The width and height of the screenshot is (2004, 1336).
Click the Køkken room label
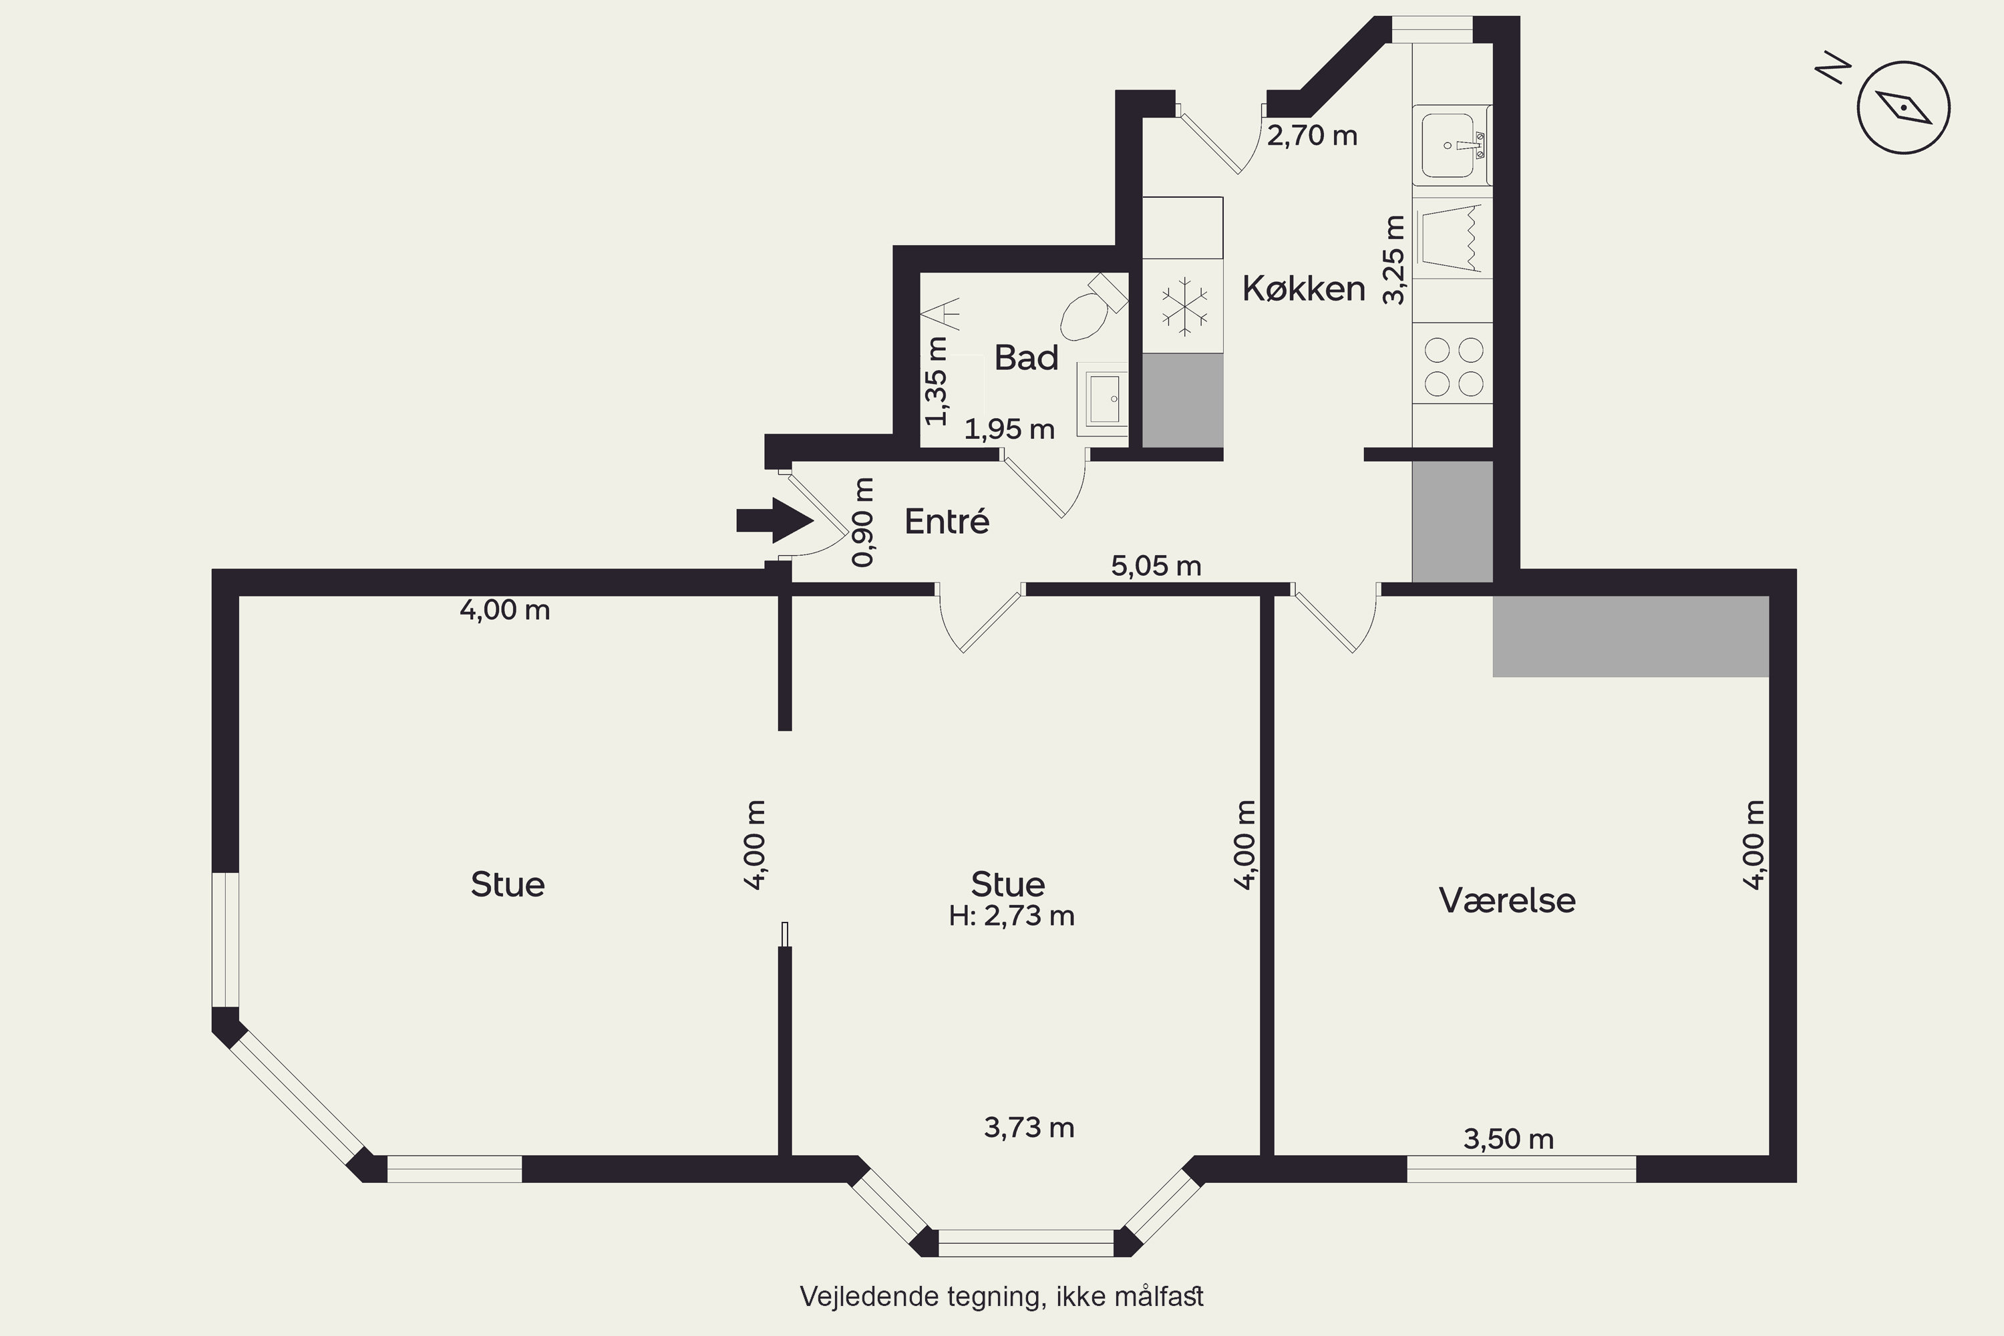coord(1304,289)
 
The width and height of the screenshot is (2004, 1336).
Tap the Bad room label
coord(1027,358)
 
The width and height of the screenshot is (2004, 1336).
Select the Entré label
coord(947,520)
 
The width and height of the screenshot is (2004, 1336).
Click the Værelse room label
coord(1507,900)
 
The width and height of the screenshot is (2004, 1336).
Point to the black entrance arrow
coord(774,520)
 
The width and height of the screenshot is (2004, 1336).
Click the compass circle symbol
coord(1903,108)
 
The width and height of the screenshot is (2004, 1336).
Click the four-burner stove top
coord(1454,366)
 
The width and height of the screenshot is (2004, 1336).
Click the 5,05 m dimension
coord(1156,566)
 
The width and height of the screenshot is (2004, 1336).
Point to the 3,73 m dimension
coord(1029,1128)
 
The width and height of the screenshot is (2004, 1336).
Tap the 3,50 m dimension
coord(1509,1138)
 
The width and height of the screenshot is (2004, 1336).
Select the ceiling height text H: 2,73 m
coord(1012,916)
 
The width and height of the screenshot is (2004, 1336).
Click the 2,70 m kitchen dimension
coord(1312,136)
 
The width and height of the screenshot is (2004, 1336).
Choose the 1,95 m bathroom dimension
coord(1009,430)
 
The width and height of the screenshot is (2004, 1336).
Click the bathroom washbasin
coord(1103,399)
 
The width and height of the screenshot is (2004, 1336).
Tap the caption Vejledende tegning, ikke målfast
coord(1002,1297)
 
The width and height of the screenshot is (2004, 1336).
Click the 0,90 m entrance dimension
coord(863,522)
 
